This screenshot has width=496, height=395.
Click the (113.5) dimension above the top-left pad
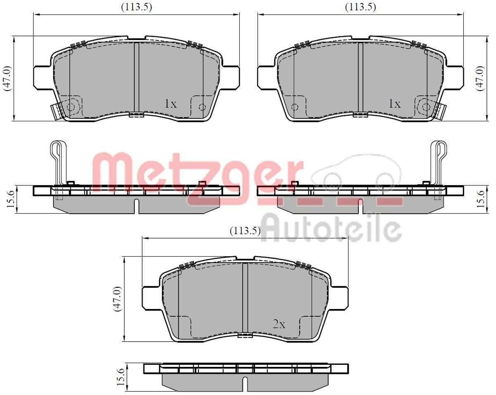coord(136,7)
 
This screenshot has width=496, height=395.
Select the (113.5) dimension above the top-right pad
coord(360,7)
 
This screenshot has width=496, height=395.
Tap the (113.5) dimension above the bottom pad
coord(245,231)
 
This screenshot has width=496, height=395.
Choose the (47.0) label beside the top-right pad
coord(479,78)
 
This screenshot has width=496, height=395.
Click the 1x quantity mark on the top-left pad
coord(170,104)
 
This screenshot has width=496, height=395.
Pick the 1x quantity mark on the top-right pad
coord(394,104)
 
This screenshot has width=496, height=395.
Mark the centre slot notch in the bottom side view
coord(245,383)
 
